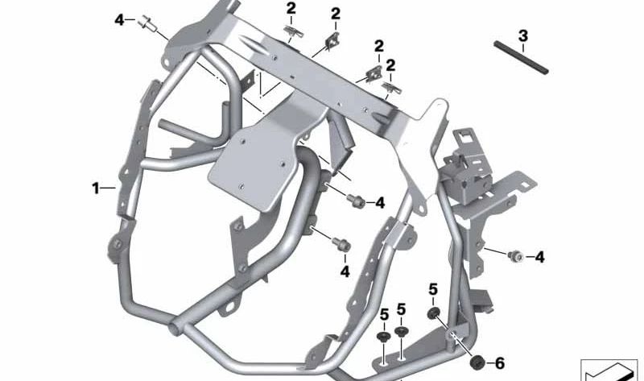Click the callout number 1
95,188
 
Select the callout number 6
499,363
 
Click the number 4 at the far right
540,258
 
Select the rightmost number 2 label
390,64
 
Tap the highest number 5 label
432,289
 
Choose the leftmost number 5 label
384,313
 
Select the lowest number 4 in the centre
345,271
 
